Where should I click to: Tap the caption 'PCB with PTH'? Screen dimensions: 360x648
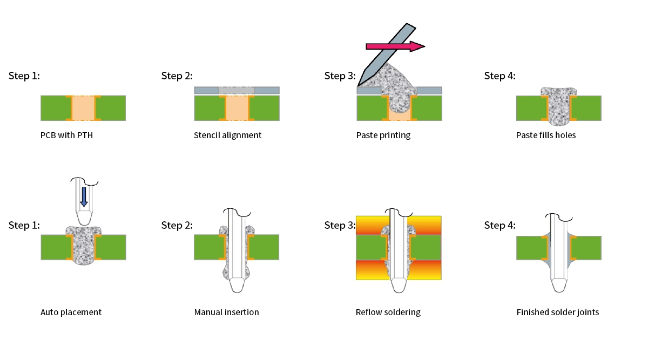(66, 135)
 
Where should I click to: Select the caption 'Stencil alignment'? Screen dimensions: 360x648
(227, 135)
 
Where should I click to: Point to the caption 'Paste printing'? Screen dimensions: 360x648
(383, 135)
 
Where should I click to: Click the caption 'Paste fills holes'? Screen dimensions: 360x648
(546, 135)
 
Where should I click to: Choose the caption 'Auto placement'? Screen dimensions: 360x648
(71, 312)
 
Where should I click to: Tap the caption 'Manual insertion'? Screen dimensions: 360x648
(226, 312)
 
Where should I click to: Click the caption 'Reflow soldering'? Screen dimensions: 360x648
(388, 312)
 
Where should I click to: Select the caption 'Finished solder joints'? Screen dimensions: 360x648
(557, 312)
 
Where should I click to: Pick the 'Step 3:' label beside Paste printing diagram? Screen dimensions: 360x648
(340, 76)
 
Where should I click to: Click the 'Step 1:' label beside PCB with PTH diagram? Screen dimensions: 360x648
(24, 76)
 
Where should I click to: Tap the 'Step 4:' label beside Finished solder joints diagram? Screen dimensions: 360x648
(500, 225)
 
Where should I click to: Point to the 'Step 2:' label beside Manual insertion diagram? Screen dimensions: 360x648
(177, 225)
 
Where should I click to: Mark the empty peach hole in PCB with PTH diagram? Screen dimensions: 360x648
(83, 108)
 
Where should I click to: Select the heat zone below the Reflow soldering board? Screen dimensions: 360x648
(373, 270)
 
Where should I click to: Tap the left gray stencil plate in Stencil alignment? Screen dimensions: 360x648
(206, 90)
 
